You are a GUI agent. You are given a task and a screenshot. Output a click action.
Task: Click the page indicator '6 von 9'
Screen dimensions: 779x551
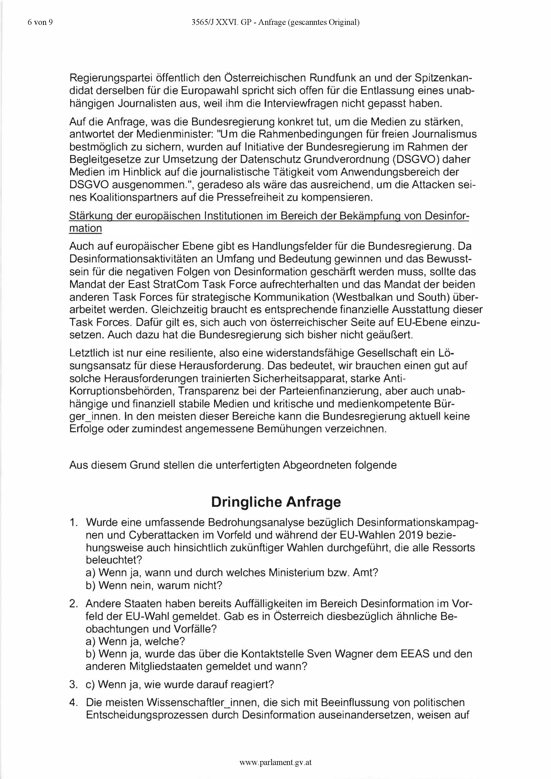point(40,22)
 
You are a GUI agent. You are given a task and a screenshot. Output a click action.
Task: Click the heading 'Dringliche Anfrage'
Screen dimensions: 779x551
point(276,502)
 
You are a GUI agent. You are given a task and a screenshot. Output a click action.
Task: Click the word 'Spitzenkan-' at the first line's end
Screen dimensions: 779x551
point(443,78)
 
